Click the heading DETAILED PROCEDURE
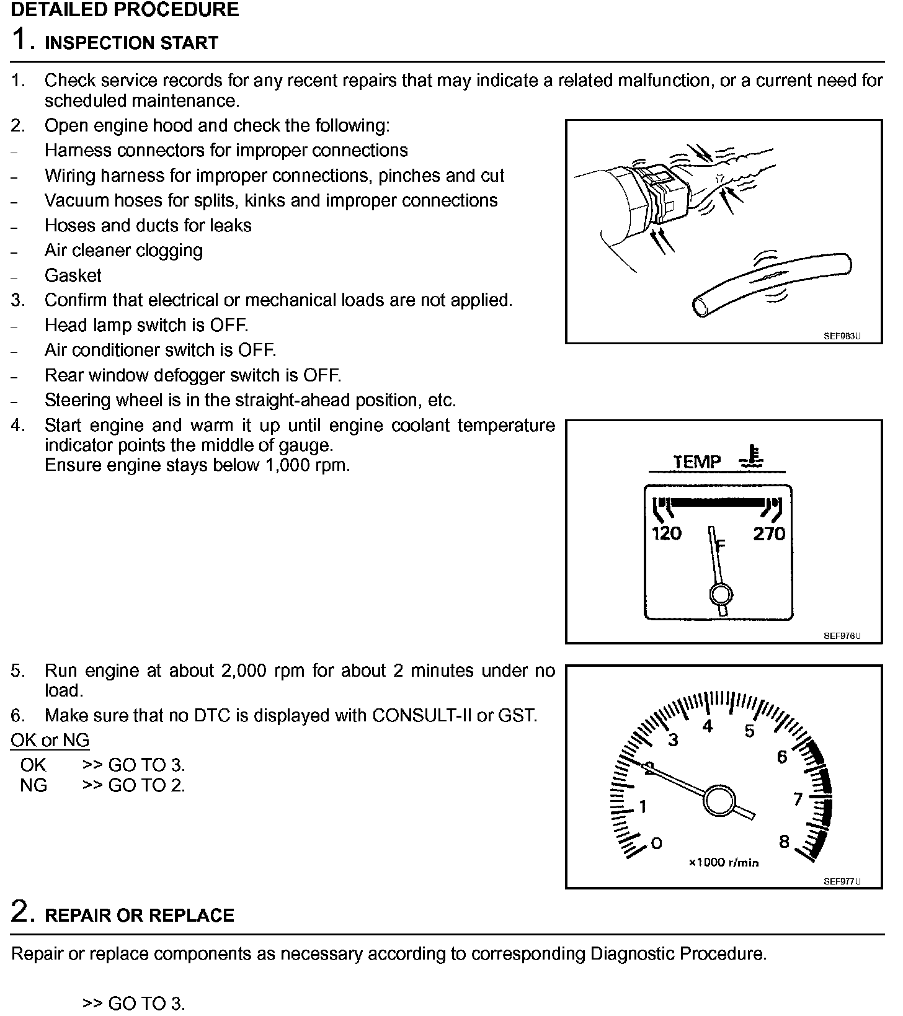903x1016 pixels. pyautogui.click(x=125, y=10)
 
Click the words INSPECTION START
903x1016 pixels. pyautogui.click(x=131, y=43)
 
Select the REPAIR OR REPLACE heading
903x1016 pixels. pyautogui.click(x=140, y=916)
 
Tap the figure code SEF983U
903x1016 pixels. pyautogui.click(x=842, y=336)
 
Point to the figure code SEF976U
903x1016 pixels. pyautogui.click(x=842, y=636)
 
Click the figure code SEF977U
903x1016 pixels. pyautogui.click(x=842, y=881)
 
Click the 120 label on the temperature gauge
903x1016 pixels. pyautogui.click(x=666, y=533)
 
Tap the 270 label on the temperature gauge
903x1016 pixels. pyautogui.click(x=769, y=533)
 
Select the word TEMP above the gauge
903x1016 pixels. pyautogui.click(x=697, y=462)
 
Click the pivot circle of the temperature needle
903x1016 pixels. pyautogui.click(x=721, y=594)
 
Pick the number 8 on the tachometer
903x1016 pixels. pyautogui.click(x=784, y=842)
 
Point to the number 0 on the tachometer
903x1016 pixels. pyautogui.click(x=656, y=843)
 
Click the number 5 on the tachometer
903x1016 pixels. pyautogui.click(x=749, y=731)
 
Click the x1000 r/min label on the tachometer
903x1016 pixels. pyautogui.click(x=723, y=863)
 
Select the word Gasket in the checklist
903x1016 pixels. pyautogui.click(x=73, y=275)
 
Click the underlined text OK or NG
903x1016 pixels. pyautogui.click(x=50, y=740)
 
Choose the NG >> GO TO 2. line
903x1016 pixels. pyautogui.click(x=102, y=785)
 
